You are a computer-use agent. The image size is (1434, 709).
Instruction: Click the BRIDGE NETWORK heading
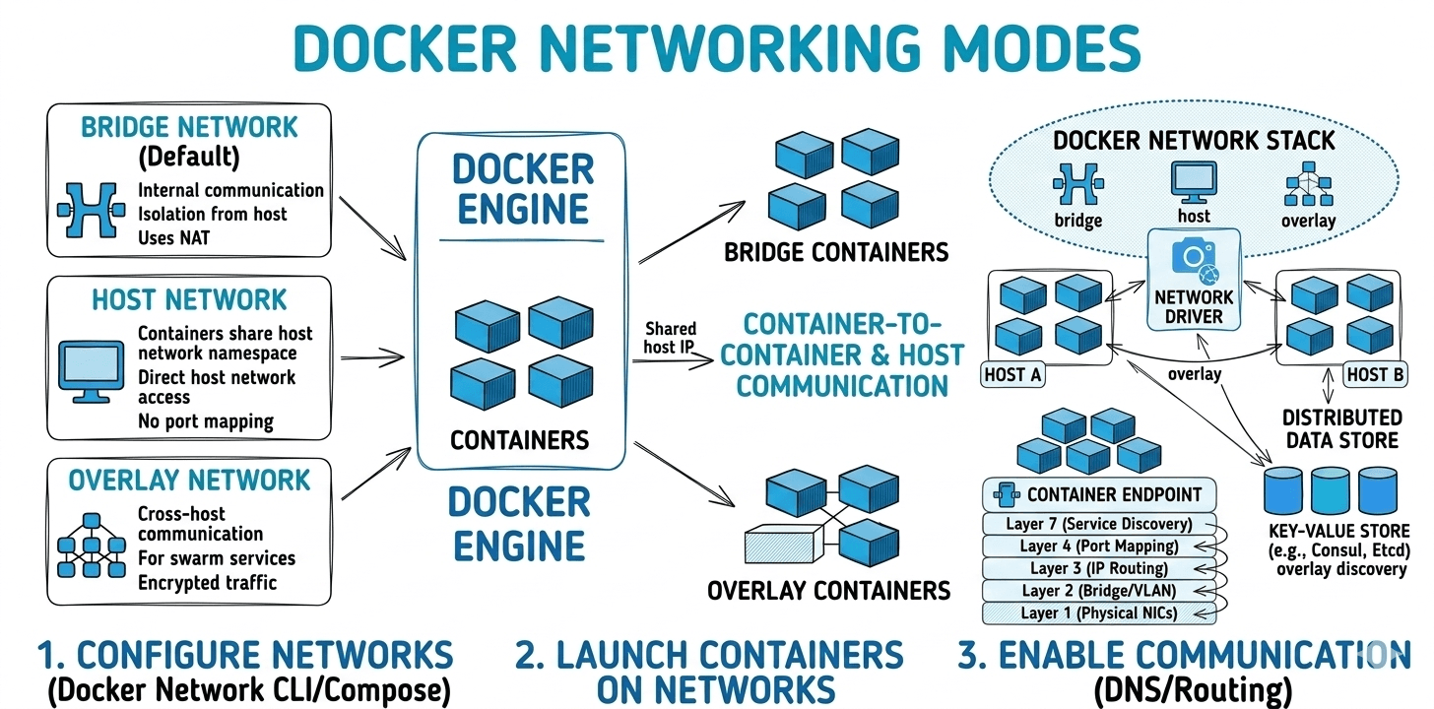pos(189,127)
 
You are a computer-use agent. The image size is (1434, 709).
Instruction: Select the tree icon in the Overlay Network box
pos(93,545)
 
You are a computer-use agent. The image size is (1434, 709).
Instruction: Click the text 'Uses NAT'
pos(173,237)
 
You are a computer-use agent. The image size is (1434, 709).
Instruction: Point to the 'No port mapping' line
pos(206,421)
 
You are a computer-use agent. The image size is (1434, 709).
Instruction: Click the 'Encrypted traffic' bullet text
pos(207,582)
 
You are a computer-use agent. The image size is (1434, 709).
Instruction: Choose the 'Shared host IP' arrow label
pos(671,338)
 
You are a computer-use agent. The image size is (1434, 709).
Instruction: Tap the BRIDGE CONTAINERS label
pos(836,252)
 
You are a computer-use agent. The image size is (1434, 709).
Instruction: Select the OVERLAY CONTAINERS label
pos(828,591)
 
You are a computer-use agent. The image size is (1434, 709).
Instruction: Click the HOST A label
pos(1014,374)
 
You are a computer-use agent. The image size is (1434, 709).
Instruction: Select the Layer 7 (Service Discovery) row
pos(1099,524)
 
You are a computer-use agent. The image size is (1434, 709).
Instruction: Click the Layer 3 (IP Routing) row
pos(1099,568)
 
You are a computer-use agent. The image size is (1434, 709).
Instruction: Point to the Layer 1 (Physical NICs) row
pos(1098,612)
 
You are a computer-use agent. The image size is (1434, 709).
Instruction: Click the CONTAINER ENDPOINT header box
pos(1099,494)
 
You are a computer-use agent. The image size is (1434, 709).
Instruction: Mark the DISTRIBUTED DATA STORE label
pos(1341,428)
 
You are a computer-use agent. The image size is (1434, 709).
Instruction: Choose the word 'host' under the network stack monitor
pos(1194,215)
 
